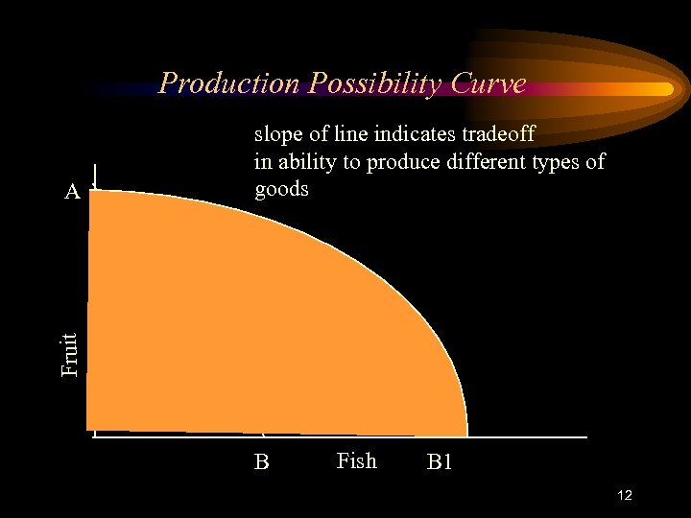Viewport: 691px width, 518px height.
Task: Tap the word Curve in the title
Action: pos(491,83)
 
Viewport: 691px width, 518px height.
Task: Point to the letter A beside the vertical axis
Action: pos(72,192)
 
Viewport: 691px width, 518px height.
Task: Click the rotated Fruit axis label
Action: pos(69,354)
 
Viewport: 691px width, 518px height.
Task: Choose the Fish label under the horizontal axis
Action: pos(356,461)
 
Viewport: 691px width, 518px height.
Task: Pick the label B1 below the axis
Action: pos(440,463)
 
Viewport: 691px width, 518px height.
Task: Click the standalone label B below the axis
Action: pos(261,462)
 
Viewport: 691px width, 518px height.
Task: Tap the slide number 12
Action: pos(624,495)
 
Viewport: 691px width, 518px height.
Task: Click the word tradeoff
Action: pos(496,134)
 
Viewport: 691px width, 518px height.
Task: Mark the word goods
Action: pos(281,188)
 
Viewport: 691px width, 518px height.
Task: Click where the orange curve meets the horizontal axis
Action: pos(466,435)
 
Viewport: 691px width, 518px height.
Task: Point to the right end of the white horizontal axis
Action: pos(585,437)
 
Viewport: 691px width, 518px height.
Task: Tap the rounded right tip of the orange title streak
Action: pos(669,88)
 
